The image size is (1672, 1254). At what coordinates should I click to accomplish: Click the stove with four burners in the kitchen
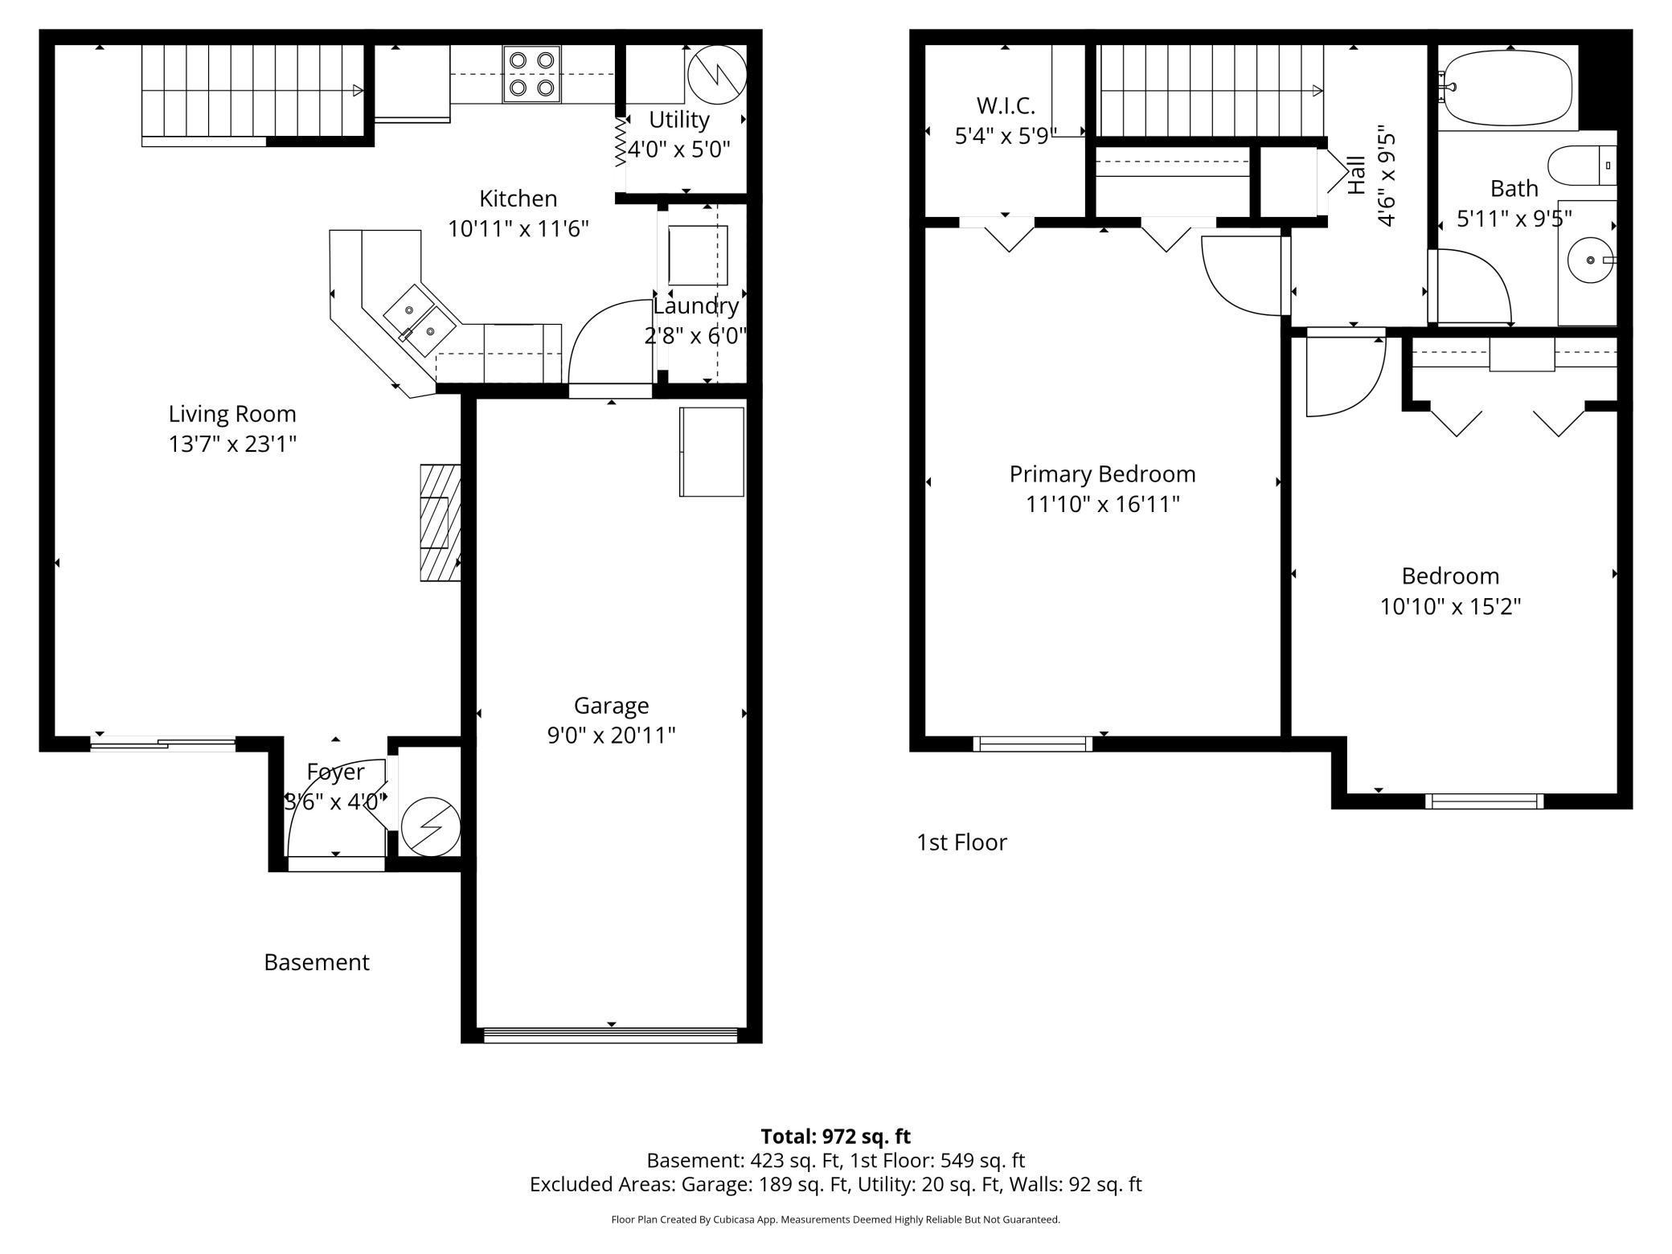coord(532,74)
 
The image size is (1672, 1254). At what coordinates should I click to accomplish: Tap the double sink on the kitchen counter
coord(420,320)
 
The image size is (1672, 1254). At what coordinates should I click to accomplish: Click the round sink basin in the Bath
coord(1591,260)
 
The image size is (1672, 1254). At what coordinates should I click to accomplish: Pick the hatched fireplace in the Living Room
coord(440,522)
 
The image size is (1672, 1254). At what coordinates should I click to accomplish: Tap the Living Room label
coord(232,414)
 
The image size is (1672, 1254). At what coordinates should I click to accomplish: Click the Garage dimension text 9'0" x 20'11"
coord(611,736)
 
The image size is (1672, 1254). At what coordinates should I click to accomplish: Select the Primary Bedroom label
coord(1102,474)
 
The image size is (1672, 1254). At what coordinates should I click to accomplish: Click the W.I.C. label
coord(1006,105)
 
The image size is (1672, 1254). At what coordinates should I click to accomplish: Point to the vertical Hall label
coord(1357,174)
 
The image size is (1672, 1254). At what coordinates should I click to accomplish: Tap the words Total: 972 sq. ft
coord(835,1137)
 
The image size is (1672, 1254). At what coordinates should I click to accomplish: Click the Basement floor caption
coord(317,962)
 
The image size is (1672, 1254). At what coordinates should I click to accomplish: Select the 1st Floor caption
coord(961,842)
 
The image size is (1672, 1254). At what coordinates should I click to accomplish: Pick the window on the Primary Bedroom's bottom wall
coord(1033,744)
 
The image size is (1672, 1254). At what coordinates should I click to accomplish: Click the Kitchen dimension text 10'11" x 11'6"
coord(518,229)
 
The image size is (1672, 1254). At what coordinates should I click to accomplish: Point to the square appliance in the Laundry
coord(699,256)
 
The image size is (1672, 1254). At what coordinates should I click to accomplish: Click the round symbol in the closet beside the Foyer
coord(431,826)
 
